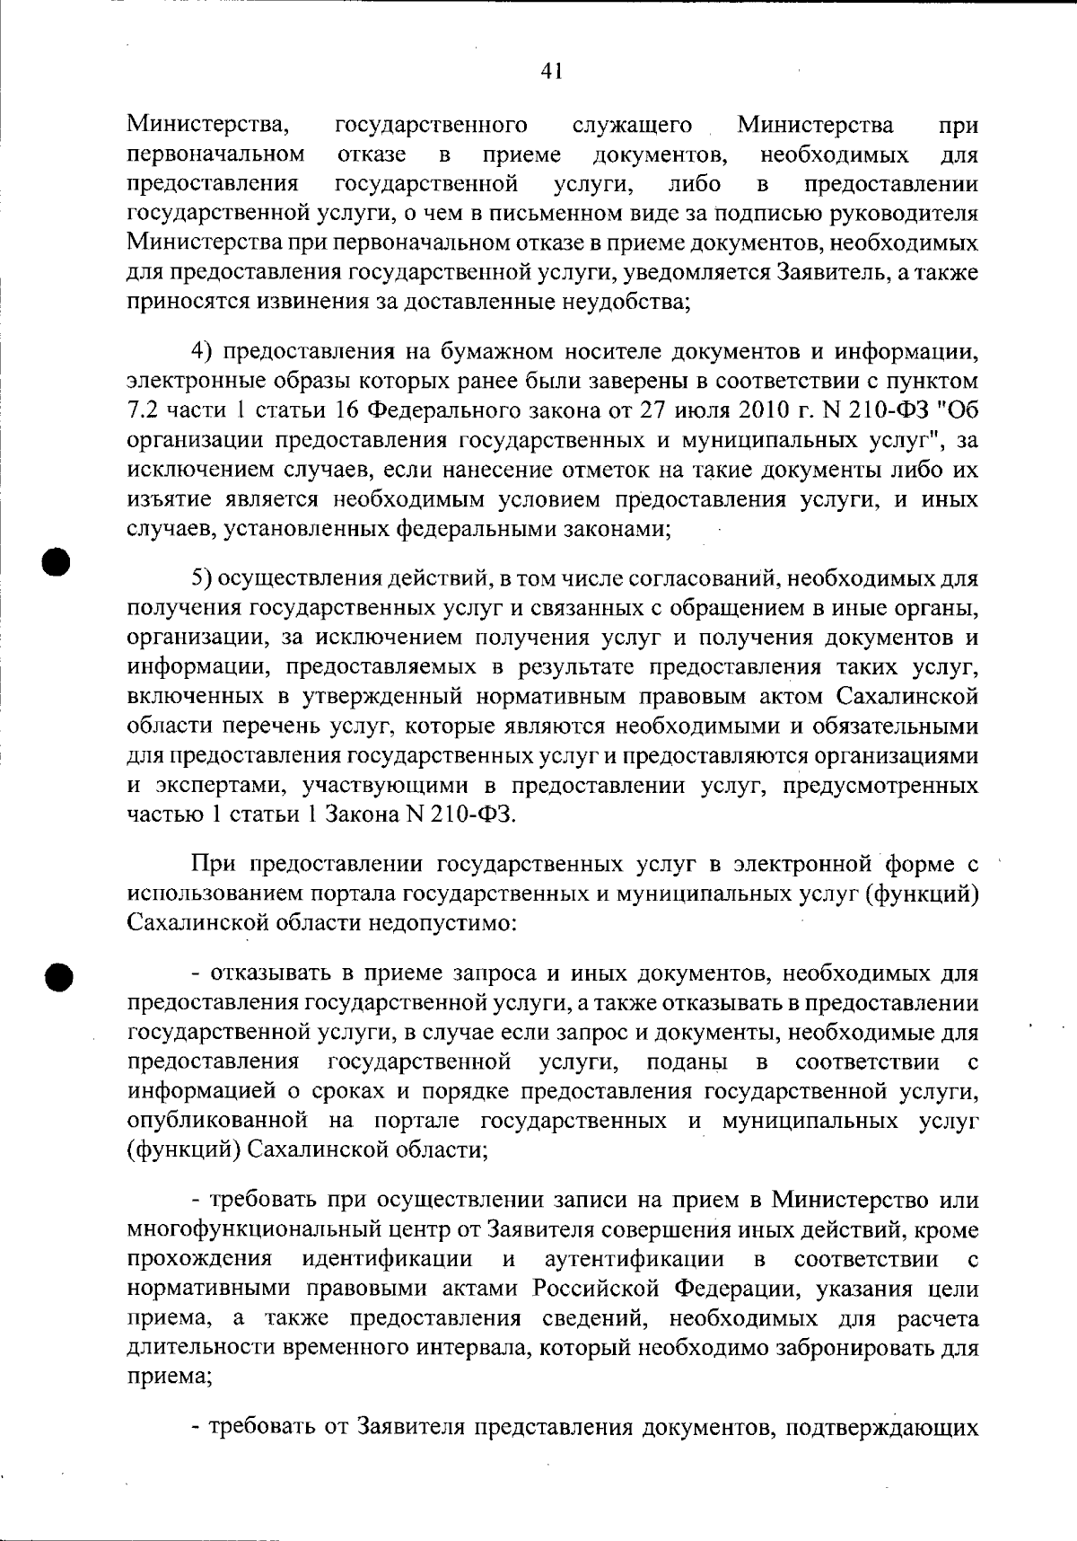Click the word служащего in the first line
coord(632,126)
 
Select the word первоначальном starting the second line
coord(215,155)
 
